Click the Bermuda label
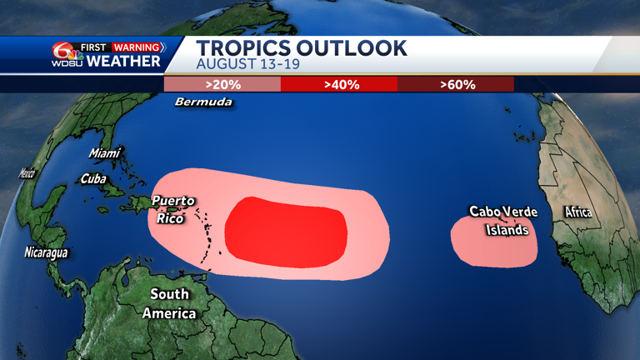click(x=203, y=102)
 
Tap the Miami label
click(x=105, y=153)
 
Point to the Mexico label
click(x=27, y=173)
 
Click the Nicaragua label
click(x=46, y=252)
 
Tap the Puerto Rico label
click(x=172, y=209)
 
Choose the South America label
click(x=170, y=303)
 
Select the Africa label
click(x=578, y=212)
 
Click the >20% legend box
click(x=222, y=84)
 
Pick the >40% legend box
click(x=339, y=84)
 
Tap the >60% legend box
click(x=456, y=84)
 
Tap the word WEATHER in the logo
click(x=122, y=61)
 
